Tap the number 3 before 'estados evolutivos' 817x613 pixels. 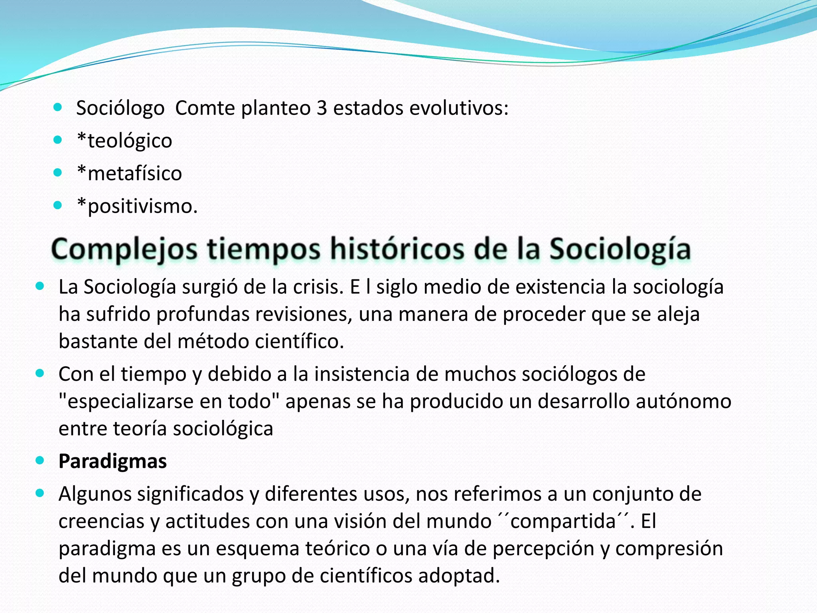coord(322,108)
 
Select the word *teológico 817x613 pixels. coord(124,141)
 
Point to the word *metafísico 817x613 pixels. coord(130,174)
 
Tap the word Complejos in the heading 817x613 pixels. coord(124,250)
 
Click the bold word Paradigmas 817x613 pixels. coord(112,461)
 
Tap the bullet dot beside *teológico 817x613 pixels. coord(58,140)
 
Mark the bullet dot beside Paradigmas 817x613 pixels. coord(40,461)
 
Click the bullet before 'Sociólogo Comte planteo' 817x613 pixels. coord(58,107)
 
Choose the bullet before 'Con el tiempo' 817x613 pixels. coord(40,373)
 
